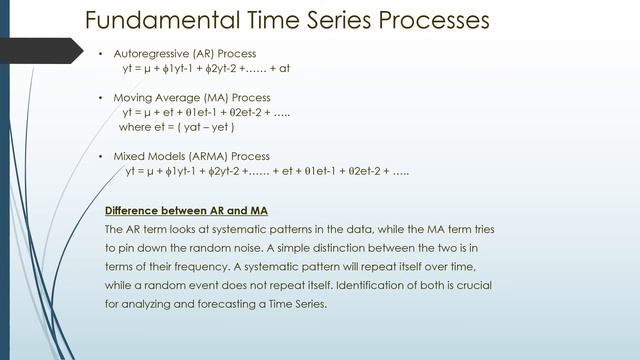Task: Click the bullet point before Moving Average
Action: tap(102, 98)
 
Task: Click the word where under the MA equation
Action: tap(134, 128)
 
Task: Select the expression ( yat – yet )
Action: tap(203, 128)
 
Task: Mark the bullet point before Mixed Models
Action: tap(102, 156)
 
